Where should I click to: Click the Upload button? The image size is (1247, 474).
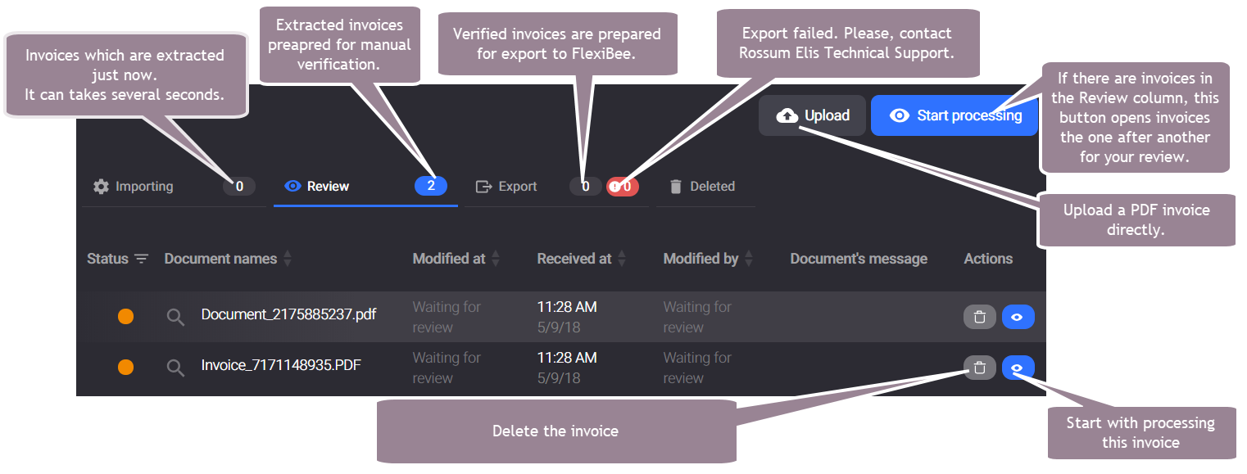pos(812,115)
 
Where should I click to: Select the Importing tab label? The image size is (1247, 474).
pos(144,187)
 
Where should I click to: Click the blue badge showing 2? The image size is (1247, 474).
pos(431,186)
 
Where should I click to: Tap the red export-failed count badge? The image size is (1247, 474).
pos(623,187)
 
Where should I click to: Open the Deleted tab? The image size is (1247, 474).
pos(702,187)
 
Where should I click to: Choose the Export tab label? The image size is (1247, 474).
pos(517,187)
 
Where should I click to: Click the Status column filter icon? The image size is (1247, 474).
pos(142,259)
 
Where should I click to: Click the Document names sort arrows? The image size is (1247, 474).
pos(288,259)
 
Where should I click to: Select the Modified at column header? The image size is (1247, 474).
pos(449,259)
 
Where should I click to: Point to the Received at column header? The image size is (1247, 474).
pos(574,259)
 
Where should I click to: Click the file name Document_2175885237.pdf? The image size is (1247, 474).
pos(288,314)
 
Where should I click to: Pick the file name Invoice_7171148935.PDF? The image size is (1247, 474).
pos(281,365)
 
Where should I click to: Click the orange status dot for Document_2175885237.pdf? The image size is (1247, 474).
pos(126,317)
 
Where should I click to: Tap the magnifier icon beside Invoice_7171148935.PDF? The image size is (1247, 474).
pos(175,368)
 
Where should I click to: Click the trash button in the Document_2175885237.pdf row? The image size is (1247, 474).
pos(979,317)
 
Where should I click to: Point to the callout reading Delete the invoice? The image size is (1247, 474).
pos(556,431)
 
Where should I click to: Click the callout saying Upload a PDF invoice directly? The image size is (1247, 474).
pos(1136,219)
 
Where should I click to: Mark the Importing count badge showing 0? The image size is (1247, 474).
pos(239,187)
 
